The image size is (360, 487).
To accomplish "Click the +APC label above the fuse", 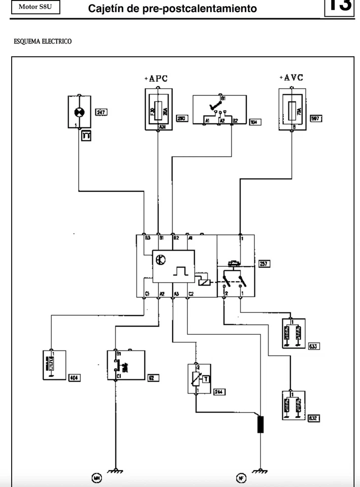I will (156, 79).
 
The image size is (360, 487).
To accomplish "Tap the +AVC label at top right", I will (291, 78).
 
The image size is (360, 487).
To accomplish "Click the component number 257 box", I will (265, 263).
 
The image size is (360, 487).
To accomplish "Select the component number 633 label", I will (314, 346).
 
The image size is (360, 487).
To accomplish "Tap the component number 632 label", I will (314, 418).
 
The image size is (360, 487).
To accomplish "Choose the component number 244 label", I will (219, 392).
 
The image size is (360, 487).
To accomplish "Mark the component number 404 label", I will (75, 377).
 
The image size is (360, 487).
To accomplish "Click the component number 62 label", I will (152, 377).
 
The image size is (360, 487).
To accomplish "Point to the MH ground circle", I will (96, 477).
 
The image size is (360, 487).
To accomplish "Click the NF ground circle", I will (241, 477).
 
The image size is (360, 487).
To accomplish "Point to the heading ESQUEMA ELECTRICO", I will (43, 42).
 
